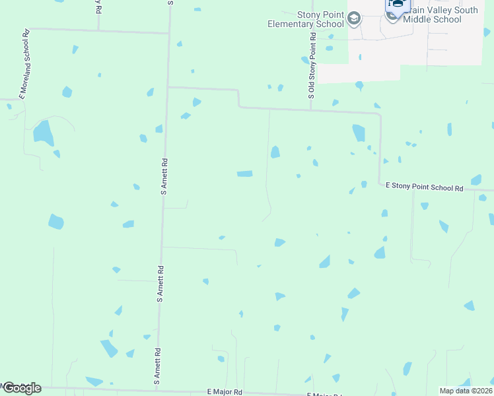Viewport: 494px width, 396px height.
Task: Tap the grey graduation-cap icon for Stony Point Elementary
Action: (355, 18)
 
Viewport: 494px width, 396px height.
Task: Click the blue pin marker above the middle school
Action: (398, 5)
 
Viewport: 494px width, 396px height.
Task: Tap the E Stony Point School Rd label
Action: (425, 188)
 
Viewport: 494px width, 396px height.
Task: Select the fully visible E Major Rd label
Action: (225, 392)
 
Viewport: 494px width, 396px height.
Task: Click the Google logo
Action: (21, 388)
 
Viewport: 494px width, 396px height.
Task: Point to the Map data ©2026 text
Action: (466, 391)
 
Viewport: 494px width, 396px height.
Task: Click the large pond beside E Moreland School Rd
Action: (44, 133)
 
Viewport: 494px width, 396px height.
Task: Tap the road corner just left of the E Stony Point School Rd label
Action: (379, 185)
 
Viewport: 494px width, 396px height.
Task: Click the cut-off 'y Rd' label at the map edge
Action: (98, 7)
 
